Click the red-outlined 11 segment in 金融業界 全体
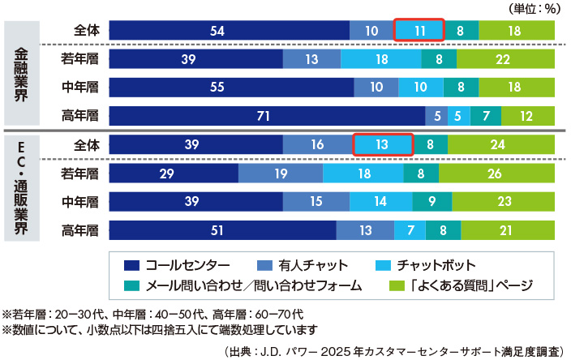pyautogui.click(x=419, y=30)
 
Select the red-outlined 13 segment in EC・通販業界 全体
pyautogui.click(x=383, y=145)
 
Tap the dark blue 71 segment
pyautogui.click(x=266, y=116)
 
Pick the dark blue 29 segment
pyautogui.click(x=173, y=174)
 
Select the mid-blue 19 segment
pyautogui.click(x=281, y=174)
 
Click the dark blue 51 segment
pyautogui.click(x=221, y=230)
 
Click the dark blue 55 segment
pyautogui.click(x=230, y=88)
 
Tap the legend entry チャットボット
pyautogui.click(x=433, y=265)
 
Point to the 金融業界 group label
pyautogui.click(x=22, y=72)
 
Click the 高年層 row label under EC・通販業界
pyautogui.click(x=79, y=231)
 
